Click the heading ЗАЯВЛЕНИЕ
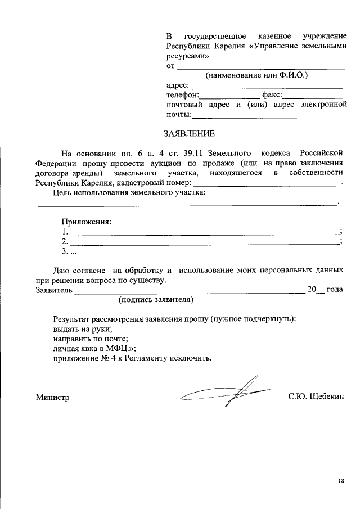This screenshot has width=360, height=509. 189,134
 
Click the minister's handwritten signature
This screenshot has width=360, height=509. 225,393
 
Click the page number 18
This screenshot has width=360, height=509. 341,481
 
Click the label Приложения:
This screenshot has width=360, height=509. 87,221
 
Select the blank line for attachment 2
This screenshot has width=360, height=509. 205,242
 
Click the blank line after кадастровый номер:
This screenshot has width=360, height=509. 267,184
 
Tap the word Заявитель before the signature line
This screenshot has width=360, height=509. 54,290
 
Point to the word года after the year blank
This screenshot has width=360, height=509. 335,290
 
